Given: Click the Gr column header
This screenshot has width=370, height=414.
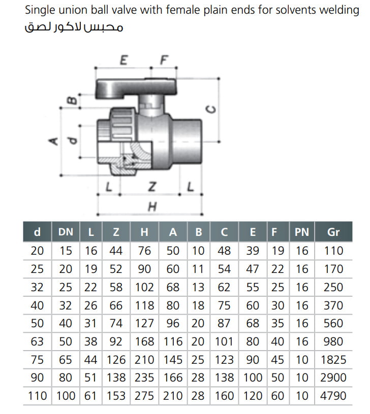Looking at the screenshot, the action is [333, 232].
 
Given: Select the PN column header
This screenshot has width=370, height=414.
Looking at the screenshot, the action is [302, 232].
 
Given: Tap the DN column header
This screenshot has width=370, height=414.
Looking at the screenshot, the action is [66, 232].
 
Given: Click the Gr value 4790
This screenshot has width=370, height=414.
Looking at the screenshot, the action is [333, 396].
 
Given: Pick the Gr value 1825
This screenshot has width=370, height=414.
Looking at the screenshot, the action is [333, 360].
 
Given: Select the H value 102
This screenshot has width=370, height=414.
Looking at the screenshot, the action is [144, 287].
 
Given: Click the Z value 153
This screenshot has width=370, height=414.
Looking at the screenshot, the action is [116, 396].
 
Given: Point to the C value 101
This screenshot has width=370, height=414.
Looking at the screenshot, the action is [224, 341].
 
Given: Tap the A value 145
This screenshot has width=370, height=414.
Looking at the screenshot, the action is [173, 360].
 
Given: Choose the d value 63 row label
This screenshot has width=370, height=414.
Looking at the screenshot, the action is [37, 341].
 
